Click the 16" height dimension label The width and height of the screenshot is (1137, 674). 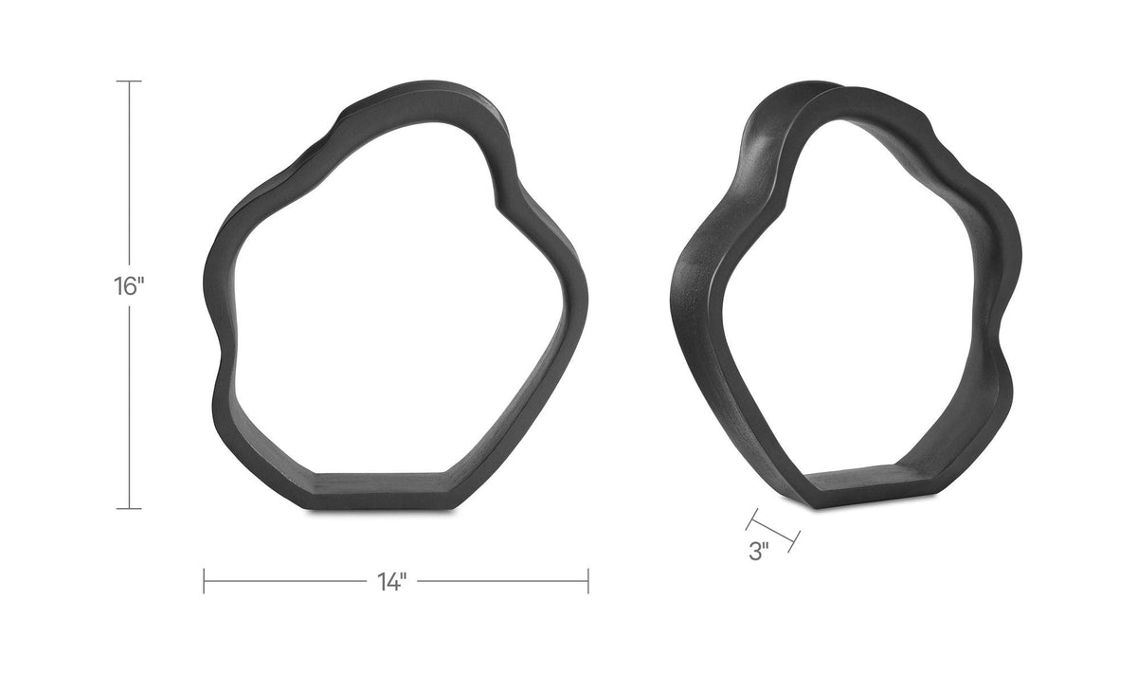(x=129, y=286)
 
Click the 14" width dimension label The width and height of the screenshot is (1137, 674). (x=392, y=581)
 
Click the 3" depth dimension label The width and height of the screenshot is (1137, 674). (x=759, y=551)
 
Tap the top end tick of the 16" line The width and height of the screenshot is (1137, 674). (x=129, y=81)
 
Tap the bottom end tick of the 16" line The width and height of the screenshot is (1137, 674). (x=129, y=508)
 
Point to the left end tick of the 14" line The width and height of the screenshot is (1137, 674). (x=204, y=581)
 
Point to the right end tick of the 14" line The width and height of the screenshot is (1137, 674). (x=588, y=581)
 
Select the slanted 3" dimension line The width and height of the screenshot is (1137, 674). (x=773, y=530)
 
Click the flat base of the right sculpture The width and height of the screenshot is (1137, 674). (x=857, y=485)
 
